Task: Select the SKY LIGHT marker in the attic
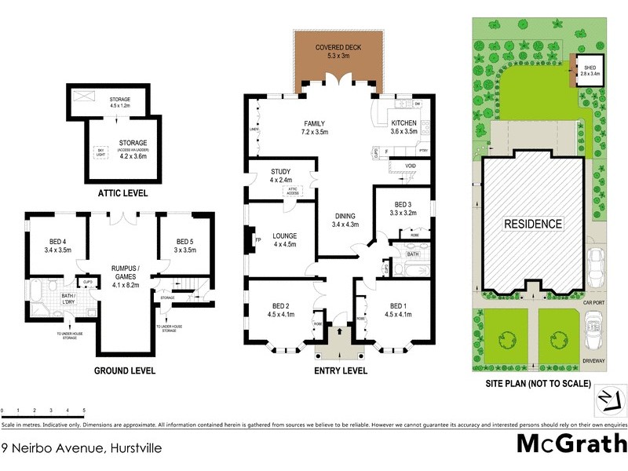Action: click(100, 152)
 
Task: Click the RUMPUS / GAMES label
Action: click(126, 272)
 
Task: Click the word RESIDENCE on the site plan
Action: click(534, 224)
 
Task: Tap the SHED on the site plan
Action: click(590, 71)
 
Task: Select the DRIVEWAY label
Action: click(595, 360)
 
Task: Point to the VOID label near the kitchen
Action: click(410, 166)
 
